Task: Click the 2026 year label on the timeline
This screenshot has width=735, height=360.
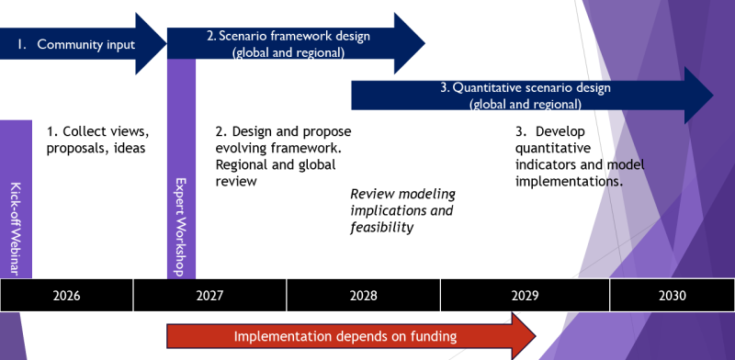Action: (66, 295)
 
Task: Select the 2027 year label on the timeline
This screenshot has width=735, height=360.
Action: (209, 295)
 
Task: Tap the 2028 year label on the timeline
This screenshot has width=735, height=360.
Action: (363, 295)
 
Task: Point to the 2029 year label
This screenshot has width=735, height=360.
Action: (525, 295)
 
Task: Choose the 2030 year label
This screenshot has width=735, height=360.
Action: (672, 295)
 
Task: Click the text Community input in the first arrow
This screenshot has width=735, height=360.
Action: (85, 43)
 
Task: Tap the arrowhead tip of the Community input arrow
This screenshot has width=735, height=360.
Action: (163, 43)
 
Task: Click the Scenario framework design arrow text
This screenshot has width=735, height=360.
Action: (288, 37)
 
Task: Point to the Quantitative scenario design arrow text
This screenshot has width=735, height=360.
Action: (524, 88)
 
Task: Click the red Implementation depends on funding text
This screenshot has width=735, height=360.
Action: (345, 336)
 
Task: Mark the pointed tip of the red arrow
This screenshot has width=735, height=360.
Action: (536, 336)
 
